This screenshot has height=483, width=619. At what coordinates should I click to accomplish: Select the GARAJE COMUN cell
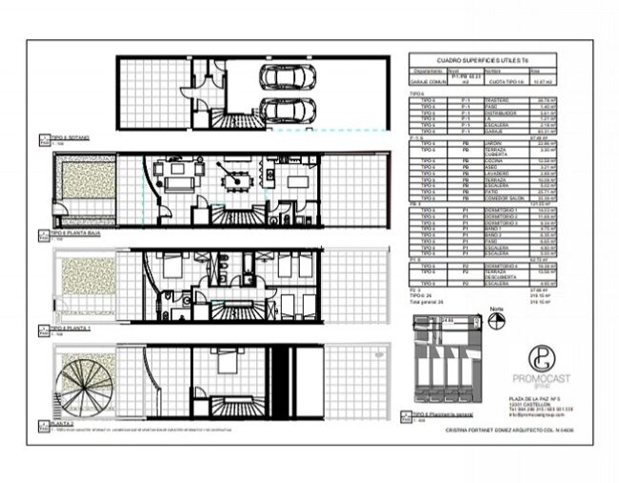[426, 83]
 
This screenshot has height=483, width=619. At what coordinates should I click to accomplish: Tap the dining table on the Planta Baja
[232, 175]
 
